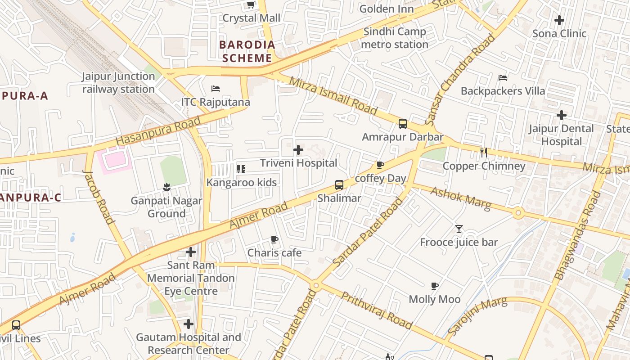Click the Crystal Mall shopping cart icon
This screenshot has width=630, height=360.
point(251,5)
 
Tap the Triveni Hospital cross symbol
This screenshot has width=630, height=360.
point(298,150)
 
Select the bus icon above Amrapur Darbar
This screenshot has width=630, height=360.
point(403,124)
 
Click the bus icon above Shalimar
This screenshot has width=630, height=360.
point(339,185)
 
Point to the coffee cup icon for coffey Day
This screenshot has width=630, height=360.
point(380,165)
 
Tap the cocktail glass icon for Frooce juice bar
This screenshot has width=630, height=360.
point(459,229)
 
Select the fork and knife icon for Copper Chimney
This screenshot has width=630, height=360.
point(484,153)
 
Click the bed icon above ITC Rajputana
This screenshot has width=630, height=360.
point(216,89)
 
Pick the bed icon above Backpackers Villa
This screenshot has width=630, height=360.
point(503,78)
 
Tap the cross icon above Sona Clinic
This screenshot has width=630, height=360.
point(559,20)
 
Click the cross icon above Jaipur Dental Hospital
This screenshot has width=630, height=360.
point(561,115)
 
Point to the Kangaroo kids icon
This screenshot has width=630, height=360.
point(241,169)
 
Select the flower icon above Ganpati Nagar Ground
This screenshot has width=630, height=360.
point(166,187)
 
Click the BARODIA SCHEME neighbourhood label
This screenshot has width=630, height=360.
point(247,51)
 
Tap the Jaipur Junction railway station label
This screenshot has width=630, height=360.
point(118,83)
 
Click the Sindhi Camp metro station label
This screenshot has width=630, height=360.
point(394,38)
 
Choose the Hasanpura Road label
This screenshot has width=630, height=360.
point(158,131)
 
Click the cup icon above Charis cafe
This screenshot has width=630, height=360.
point(274,240)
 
